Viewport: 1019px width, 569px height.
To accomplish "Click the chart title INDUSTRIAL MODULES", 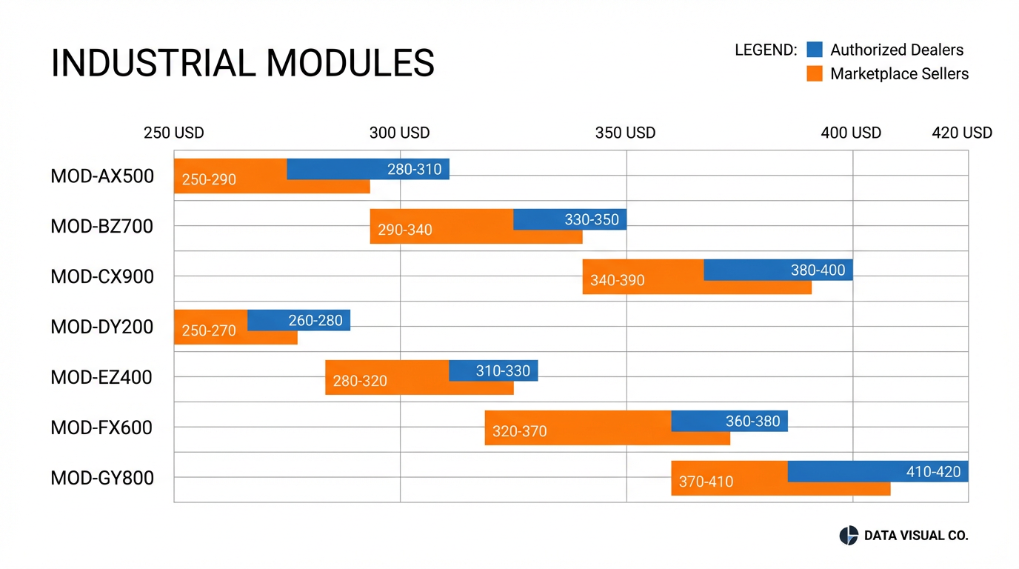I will [x=242, y=63].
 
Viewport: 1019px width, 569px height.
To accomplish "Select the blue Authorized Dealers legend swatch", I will [x=815, y=50].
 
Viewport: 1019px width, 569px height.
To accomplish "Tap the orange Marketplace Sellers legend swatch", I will [x=815, y=73].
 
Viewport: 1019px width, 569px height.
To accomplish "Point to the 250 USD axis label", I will [x=173, y=133].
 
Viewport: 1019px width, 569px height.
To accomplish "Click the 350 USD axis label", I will [x=625, y=133].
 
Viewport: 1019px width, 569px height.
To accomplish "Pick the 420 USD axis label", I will [x=961, y=133].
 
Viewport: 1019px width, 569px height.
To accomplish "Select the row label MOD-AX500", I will [x=102, y=176].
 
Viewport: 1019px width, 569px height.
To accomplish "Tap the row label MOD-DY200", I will [x=102, y=327].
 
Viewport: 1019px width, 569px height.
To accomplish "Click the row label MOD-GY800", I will [x=102, y=478].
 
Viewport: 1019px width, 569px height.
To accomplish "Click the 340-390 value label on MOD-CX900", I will [x=618, y=281].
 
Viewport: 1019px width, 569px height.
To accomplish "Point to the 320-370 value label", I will [x=519, y=431].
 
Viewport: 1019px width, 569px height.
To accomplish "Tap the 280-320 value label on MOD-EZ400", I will [x=360, y=382].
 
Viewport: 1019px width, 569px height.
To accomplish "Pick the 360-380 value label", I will [x=752, y=421].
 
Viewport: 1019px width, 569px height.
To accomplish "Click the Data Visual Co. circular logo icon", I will [x=848, y=536].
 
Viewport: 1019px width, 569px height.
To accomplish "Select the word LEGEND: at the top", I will [x=765, y=50].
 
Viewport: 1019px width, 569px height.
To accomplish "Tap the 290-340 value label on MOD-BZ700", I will [x=404, y=230].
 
